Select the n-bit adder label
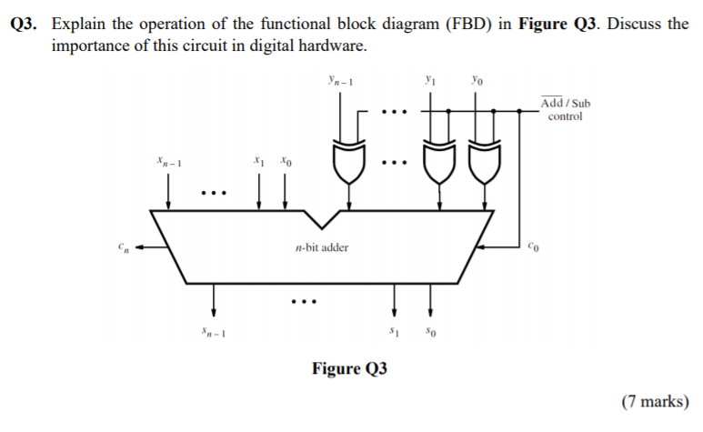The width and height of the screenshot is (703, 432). click(322, 246)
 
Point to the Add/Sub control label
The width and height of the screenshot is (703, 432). click(565, 110)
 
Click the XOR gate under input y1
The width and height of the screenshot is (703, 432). click(438, 161)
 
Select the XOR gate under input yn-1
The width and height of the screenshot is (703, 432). click(348, 161)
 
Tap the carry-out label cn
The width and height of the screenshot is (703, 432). click(122, 246)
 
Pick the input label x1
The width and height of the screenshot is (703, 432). click(261, 164)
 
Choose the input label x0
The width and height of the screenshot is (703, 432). click(286, 164)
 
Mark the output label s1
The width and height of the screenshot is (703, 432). click(396, 329)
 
